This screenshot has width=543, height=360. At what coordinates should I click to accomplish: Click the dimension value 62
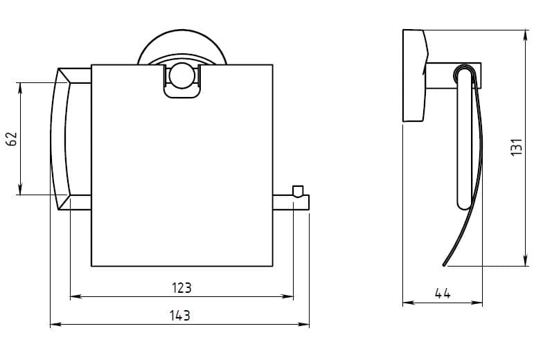[x=12, y=138]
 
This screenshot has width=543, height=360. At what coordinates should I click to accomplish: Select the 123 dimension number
[x=181, y=288]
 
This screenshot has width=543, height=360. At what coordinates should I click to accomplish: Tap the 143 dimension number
[x=180, y=316]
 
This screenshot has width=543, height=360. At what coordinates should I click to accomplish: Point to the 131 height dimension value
[x=517, y=147]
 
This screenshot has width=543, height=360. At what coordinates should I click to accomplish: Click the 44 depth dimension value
[x=443, y=294]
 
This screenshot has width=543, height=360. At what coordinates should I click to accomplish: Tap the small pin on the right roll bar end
[x=298, y=191]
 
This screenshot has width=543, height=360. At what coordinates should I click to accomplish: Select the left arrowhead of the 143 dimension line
[x=55, y=324]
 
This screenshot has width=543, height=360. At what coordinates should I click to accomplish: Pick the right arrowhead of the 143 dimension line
[x=303, y=324]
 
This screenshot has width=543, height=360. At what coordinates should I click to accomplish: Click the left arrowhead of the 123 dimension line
[x=76, y=296]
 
